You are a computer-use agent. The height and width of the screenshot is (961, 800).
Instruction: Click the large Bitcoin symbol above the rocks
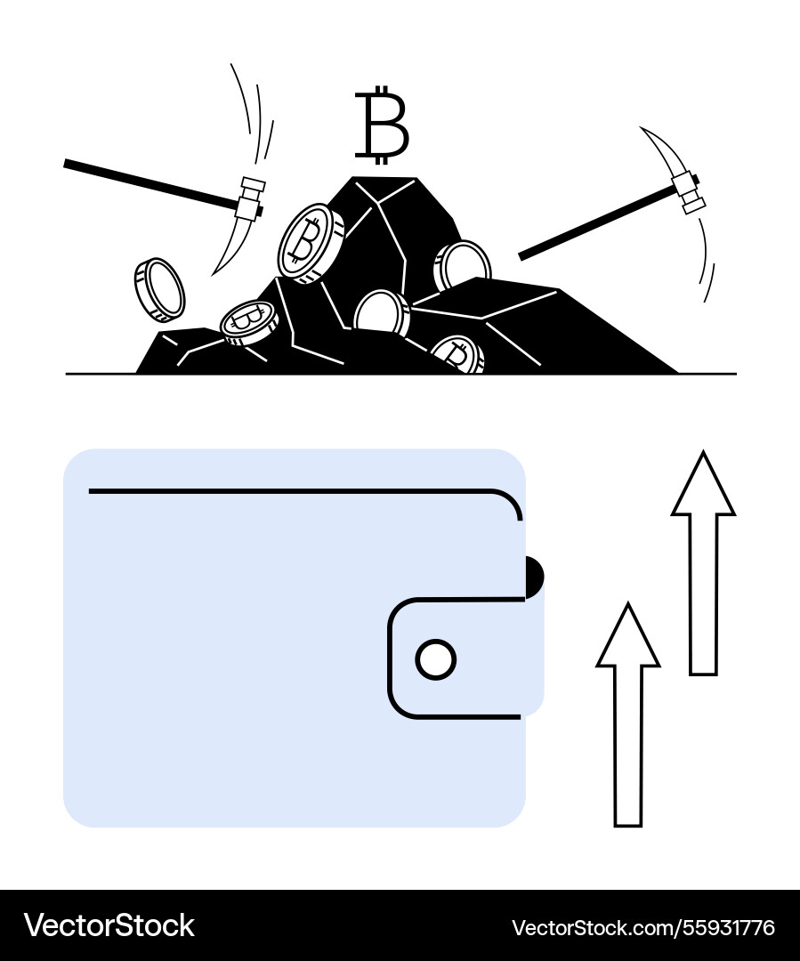(x=381, y=125)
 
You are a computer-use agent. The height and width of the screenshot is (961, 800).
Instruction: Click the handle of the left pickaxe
(x=150, y=182)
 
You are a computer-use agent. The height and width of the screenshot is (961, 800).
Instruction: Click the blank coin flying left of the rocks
(x=159, y=290)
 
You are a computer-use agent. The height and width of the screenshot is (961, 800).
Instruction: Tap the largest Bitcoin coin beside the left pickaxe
(x=311, y=243)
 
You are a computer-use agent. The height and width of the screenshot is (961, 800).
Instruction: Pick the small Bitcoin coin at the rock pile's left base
(x=249, y=322)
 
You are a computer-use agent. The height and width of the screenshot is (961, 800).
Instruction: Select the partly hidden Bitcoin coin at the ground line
(x=457, y=355)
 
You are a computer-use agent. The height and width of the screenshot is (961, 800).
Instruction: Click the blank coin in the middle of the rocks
(x=381, y=312)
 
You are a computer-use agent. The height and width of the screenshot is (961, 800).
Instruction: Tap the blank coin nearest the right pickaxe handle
(x=462, y=265)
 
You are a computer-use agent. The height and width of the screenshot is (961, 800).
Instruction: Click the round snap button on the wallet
(x=436, y=659)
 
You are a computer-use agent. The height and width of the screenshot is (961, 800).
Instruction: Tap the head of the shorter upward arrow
(x=627, y=635)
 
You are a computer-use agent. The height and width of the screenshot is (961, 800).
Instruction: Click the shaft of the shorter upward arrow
(x=627, y=746)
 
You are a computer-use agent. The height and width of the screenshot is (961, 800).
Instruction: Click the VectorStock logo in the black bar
(x=109, y=926)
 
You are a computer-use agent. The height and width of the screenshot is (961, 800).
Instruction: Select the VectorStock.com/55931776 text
(x=643, y=927)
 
